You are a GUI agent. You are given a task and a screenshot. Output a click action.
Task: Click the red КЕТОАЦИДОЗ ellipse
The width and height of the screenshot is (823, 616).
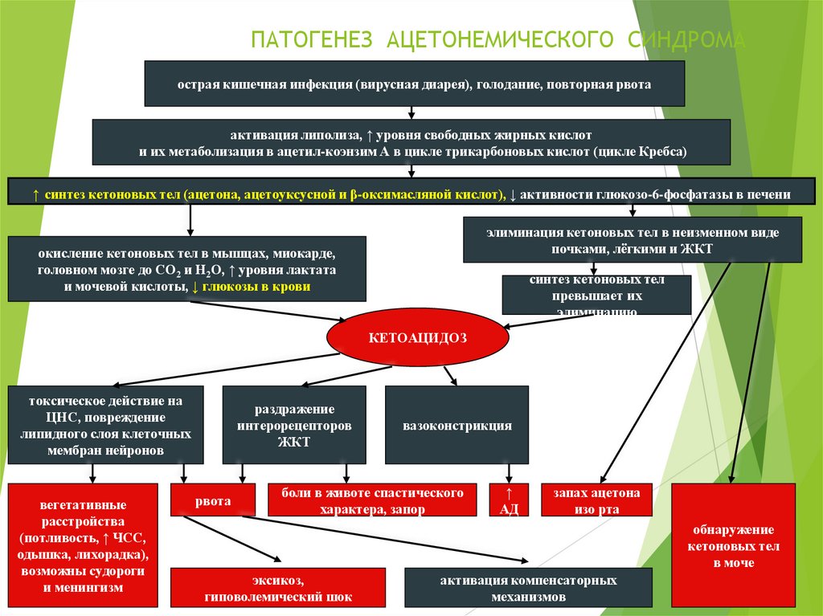coord(417,338)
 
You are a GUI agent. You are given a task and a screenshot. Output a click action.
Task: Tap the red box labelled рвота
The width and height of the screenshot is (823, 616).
coord(212,500)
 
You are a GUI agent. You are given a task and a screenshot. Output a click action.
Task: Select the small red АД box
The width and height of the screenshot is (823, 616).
coord(508,500)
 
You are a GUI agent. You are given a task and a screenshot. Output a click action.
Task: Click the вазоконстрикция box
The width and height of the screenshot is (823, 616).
coord(457,425)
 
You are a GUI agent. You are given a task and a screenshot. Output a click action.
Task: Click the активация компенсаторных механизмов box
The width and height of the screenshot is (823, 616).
coord(527,589)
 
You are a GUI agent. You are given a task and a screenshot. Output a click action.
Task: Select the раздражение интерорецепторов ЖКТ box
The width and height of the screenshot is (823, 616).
coord(293,425)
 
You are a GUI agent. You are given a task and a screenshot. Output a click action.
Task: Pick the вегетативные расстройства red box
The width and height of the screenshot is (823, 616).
coord(82,547)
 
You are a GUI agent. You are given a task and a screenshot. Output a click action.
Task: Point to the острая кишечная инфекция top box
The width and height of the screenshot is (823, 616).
coord(414,83)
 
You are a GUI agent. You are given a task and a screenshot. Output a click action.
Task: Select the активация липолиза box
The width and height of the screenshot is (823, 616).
coord(411,142)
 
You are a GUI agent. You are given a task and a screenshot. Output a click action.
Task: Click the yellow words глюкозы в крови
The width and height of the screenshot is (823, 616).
coord(256,286)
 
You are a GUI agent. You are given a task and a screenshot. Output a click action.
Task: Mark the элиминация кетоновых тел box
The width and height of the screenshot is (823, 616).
coord(632,240)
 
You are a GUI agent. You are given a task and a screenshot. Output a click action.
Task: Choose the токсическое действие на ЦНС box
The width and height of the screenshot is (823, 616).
coord(105,425)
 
